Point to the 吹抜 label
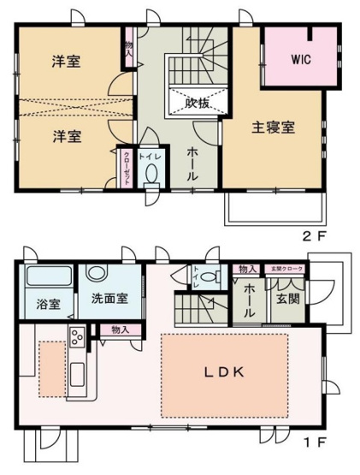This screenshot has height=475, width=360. tap(197, 101)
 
